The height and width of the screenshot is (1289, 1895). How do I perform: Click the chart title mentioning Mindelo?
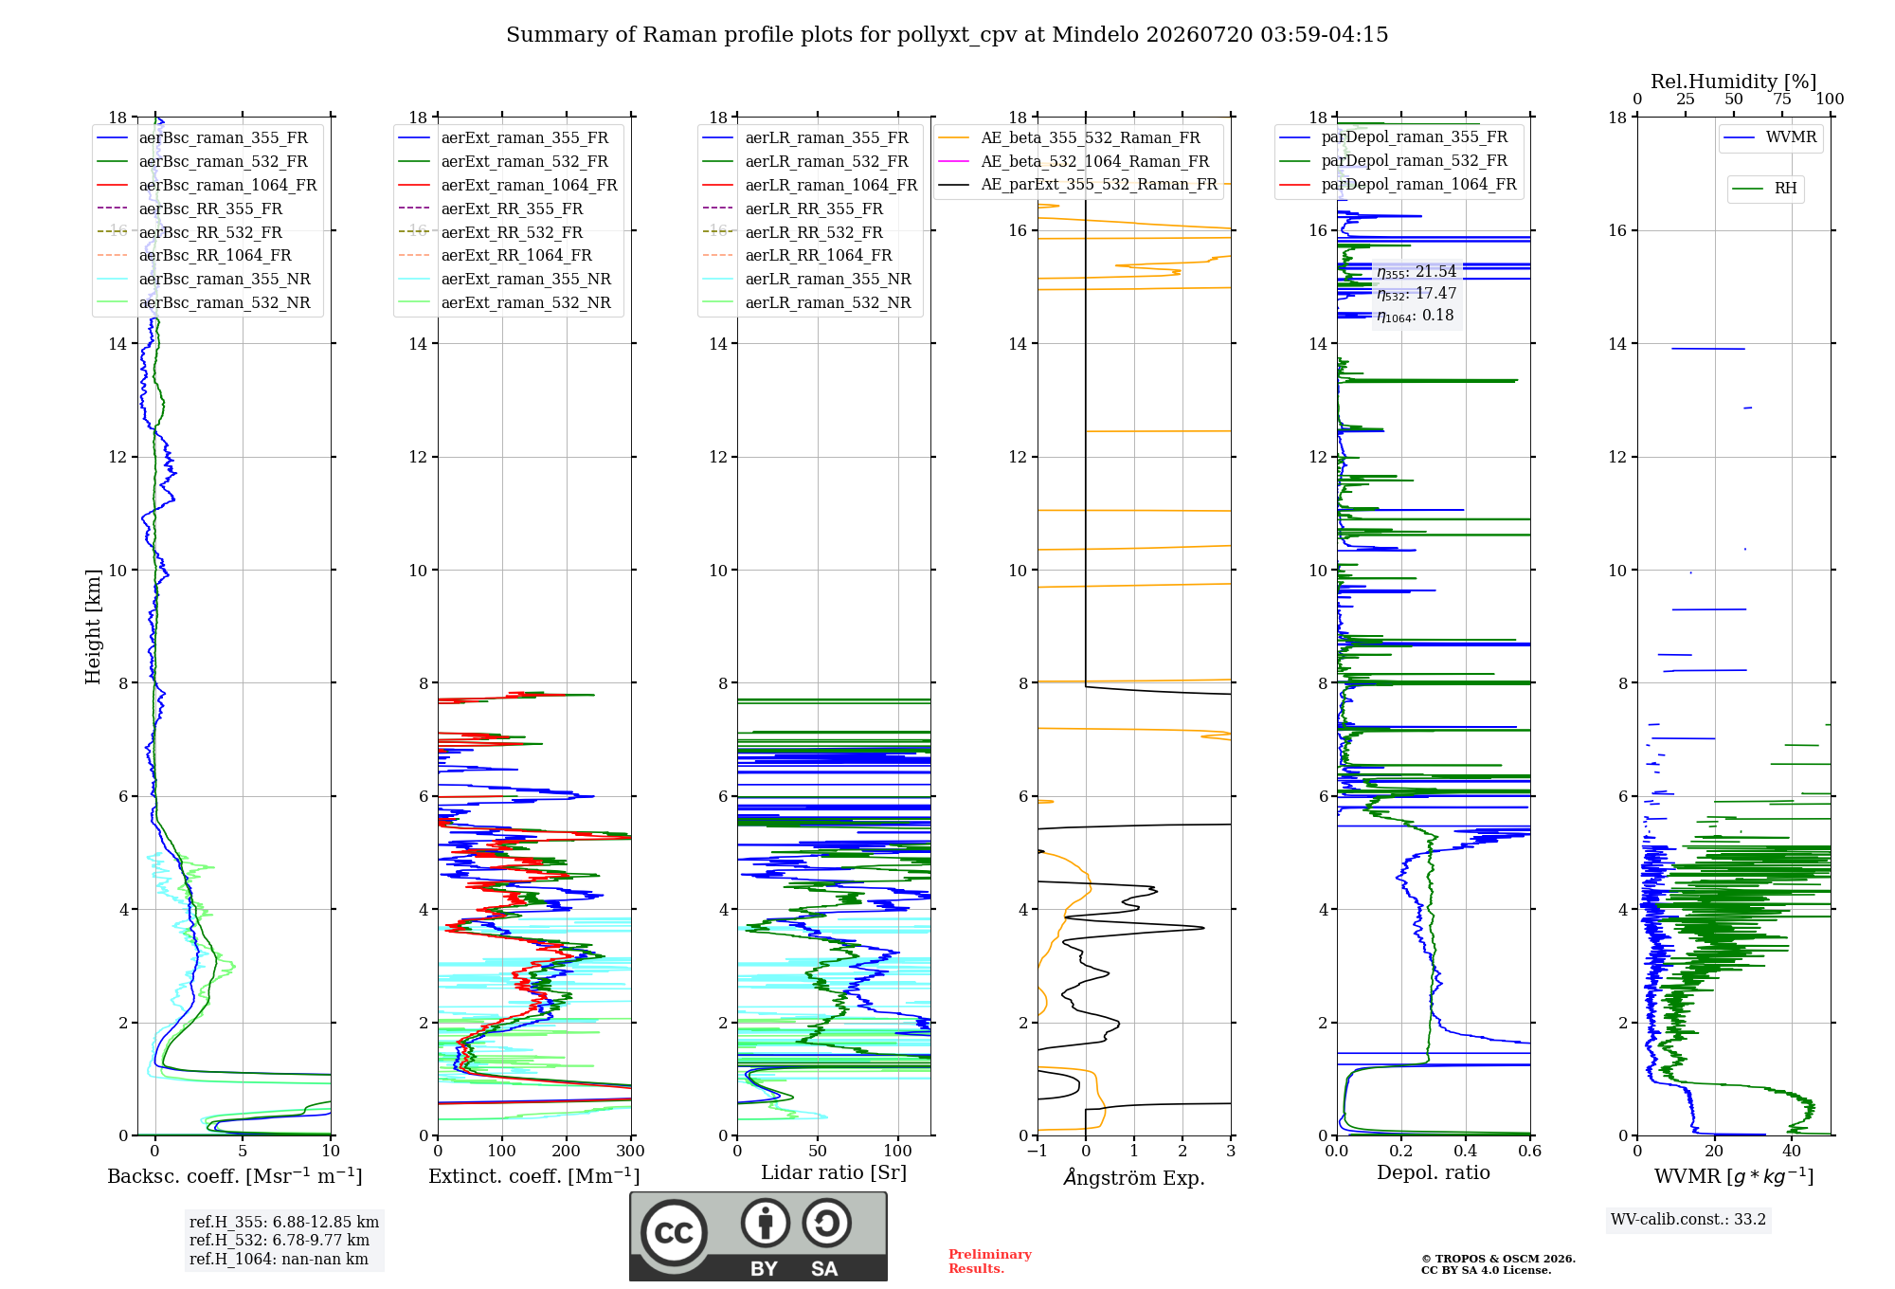click(x=947, y=35)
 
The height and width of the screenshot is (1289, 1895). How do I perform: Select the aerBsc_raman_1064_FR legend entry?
click(x=207, y=185)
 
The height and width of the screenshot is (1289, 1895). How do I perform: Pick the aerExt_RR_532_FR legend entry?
click(x=491, y=232)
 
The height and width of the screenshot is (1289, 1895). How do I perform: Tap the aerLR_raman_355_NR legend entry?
click(x=806, y=279)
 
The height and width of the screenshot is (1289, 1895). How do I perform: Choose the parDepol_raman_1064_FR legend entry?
click(x=1398, y=184)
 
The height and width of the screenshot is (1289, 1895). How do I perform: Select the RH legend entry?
click(x=1764, y=189)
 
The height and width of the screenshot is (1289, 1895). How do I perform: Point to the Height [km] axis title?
click(x=93, y=626)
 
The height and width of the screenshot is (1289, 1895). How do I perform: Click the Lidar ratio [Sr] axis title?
click(x=834, y=1172)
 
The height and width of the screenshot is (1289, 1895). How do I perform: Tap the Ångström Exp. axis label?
click(x=1134, y=1177)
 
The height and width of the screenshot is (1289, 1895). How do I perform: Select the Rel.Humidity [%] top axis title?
click(x=1734, y=82)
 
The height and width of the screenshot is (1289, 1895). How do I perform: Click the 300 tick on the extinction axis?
click(x=630, y=1152)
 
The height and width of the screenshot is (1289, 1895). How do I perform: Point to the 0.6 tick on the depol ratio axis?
click(x=1529, y=1152)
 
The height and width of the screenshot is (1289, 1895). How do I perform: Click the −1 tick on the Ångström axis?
click(x=1038, y=1152)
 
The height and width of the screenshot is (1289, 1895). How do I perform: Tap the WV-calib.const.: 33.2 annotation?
click(x=1688, y=1220)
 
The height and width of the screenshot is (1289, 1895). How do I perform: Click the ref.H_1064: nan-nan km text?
click(x=279, y=1260)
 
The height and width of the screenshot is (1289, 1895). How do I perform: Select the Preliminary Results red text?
click(x=990, y=1262)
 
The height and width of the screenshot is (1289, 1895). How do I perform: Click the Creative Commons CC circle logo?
click(x=674, y=1233)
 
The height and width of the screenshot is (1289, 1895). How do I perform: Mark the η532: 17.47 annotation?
click(x=1417, y=294)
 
